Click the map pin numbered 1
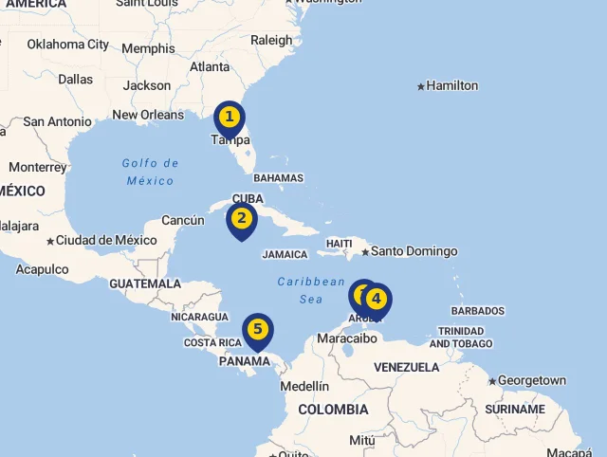[x=229, y=119]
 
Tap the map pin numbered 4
[x=377, y=300]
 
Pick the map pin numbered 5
[x=257, y=331]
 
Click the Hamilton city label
[x=452, y=86]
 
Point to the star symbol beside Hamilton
[x=421, y=86]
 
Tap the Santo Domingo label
[x=414, y=251]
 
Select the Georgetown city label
[x=532, y=380]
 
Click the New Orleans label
[x=148, y=115]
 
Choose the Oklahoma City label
[x=67, y=44]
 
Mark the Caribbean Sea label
[x=311, y=290]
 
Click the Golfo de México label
[x=150, y=172]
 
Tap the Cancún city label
[x=183, y=220]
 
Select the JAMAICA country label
[x=285, y=254]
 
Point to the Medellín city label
[x=304, y=386]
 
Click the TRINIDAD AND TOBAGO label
[x=465, y=337]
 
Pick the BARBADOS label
[x=478, y=311]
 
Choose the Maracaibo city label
[x=347, y=338]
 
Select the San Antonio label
[x=57, y=121]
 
